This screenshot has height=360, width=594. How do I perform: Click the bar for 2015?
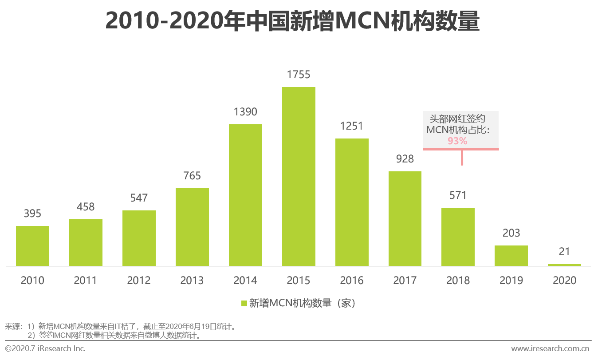point(299,176)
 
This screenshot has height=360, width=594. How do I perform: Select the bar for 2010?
point(32,246)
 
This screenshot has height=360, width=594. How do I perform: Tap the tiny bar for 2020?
point(564,265)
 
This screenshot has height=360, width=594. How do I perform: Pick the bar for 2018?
point(458,237)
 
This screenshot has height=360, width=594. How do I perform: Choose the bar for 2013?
point(192,227)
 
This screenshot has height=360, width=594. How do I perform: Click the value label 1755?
point(299,75)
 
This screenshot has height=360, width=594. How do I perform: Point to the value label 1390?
point(245,112)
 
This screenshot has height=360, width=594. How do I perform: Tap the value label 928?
point(405,159)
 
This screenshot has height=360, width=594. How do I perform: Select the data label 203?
point(511,233)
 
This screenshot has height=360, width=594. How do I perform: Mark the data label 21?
point(564,252)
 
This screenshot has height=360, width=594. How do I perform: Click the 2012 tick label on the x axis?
point(139,281)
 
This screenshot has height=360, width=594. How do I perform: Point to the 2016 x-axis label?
point(352,281)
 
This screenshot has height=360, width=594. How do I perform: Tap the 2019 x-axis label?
point(511,281)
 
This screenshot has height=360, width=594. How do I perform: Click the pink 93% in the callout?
point(457,141)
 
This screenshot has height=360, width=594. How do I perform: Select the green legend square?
point(244,304)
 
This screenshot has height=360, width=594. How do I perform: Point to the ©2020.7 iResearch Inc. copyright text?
point(45,348)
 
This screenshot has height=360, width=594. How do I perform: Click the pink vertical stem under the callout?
point(462,158)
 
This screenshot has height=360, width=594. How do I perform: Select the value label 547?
point(139,198)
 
